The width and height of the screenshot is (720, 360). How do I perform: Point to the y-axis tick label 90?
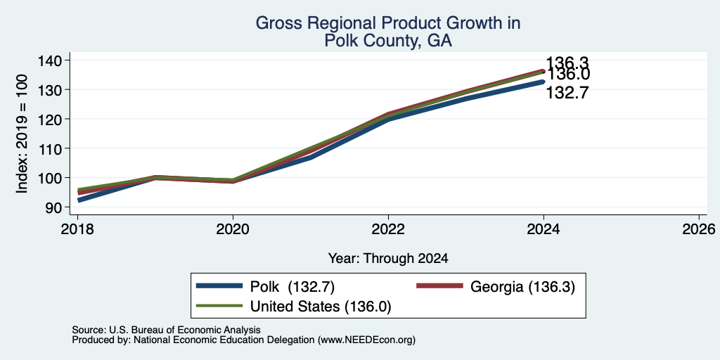(53, 207)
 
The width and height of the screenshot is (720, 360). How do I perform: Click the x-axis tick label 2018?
(77, 229)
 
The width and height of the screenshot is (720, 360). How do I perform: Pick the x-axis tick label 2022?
(388, 229)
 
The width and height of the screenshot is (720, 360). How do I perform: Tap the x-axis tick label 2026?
(699, 229)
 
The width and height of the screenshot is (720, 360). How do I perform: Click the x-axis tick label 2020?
(233, 229)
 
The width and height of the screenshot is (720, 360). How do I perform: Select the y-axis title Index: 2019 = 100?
(22, 134)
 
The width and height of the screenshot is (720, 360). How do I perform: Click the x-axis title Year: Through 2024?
(388, 259)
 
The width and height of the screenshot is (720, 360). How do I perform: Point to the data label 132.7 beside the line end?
(567, 94)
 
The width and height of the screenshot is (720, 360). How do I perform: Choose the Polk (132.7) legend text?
(292, 287)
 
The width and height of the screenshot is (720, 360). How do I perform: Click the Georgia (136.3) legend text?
(522, 287)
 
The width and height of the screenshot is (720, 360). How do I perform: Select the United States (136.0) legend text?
(320, 307)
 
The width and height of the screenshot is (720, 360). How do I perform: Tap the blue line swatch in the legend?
(219, 286)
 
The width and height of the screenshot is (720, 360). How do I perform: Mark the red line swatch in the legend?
(439, 286)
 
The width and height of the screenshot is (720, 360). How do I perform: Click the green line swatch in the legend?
(219, 306)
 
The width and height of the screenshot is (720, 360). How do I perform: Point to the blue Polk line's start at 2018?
(79, 200)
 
